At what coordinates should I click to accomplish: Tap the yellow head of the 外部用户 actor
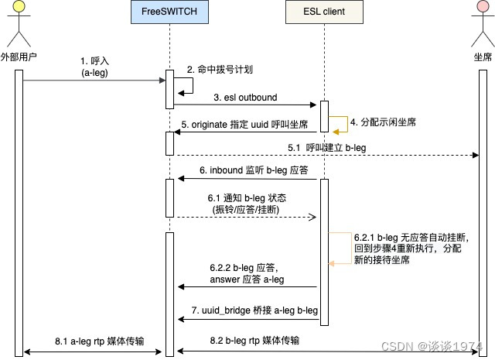point(21,15)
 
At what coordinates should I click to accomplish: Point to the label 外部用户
point(21,57)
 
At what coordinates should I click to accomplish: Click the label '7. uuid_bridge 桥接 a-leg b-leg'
point(255,310)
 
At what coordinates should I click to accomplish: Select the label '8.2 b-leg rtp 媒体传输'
point(254,340)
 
